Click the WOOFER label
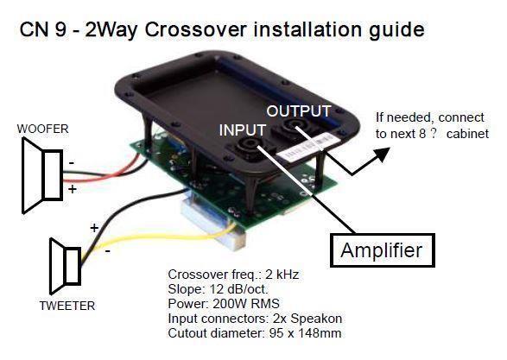[x=41, y=129]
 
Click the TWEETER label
[x=67, y=306]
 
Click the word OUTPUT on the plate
[x=298, y=111]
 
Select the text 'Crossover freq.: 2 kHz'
[x=228, y=275]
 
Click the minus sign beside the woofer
[x=71, y=161]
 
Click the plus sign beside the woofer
[x=73, y=187]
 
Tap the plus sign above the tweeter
[x=93, y=228]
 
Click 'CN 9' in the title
[x=41, y=30]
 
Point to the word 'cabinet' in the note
[x=467, y=134]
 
